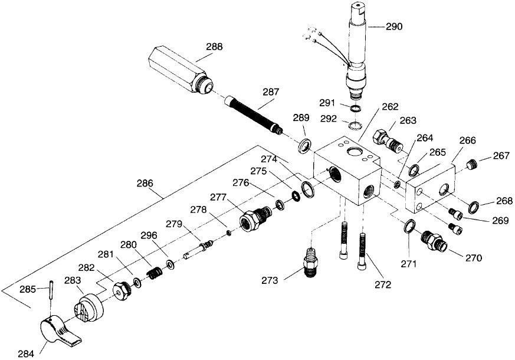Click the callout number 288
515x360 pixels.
[215, 47]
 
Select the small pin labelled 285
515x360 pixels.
[51, 289]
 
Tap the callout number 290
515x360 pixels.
[394, 27]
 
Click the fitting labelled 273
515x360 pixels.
[310, 263]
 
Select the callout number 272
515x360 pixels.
[383, 284]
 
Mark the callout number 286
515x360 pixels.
[145, 184]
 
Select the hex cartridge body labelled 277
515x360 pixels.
[257, 218]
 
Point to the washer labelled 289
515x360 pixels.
[305, 146]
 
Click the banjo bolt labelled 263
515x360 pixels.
[388, 140]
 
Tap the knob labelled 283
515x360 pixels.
[88, 309]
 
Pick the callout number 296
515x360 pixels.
[149, 235]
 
